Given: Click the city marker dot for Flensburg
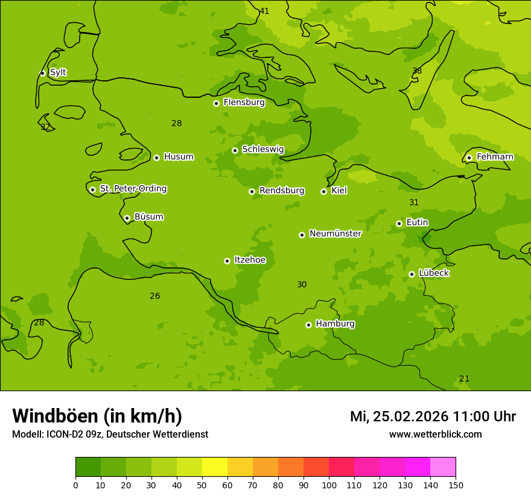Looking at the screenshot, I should point(216,103).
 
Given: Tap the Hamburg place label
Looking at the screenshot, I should point(335,324).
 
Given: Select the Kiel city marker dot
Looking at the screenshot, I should point(323,191).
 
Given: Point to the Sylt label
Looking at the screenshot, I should point(58,72).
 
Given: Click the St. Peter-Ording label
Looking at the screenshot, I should point(133,189).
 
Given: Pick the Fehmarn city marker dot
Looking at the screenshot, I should point(469,158).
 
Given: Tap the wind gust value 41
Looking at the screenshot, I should point(264,11).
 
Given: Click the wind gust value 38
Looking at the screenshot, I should point(417,71).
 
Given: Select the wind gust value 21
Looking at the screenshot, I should point(464,378).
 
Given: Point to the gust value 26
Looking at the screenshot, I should point(155,296).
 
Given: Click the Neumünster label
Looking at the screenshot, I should point(335,234).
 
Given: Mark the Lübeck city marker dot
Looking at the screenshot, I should point(412,274).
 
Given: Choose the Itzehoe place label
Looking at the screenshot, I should point(250,260).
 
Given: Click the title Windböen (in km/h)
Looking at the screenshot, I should point(97,416).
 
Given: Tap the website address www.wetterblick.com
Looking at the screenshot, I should point(435,434).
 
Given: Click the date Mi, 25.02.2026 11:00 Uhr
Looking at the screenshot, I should point(433,416).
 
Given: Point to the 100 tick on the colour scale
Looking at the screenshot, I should point(329,485).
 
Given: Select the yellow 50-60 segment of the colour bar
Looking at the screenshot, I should point(215,467).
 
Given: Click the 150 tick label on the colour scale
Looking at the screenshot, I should point(456,485).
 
